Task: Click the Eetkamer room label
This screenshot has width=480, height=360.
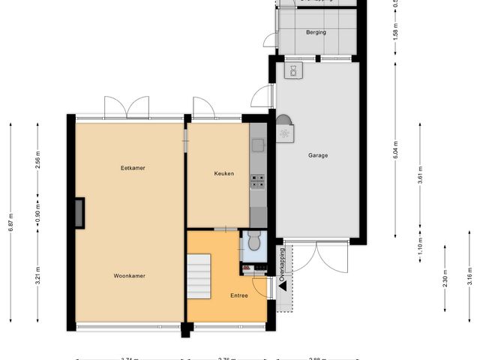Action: pyautogui.click(x=133, y=168)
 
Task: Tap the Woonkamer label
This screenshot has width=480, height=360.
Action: pyautogui.click(x=129, y=276)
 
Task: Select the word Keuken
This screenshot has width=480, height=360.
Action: pyautogui.click(x=223, y=173)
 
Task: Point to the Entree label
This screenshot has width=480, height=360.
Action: pyautogui.click(x=238, y=295)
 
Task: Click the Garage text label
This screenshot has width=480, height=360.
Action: pyautogui.click(x=317, y=156)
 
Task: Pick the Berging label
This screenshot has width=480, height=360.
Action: pyautogui.click(x=316, y=33)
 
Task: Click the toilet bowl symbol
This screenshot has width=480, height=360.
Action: pyautogui.click(x=253, y=241)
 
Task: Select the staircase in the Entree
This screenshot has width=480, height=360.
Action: pyautogui.click(x=199, y=276)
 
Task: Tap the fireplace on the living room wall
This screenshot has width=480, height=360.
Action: pyautogui.click(x=79, y=213)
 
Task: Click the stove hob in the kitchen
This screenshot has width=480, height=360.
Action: pyautogui.click(x=257, y=180)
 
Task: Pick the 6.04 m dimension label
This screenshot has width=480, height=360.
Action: pyautogui.click(x=395, y=150)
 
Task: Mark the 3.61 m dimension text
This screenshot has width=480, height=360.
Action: pyautogui.click(x=419, y=174)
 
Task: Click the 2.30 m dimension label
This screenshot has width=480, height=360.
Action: pyautogui.click(x=445, y=282)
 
